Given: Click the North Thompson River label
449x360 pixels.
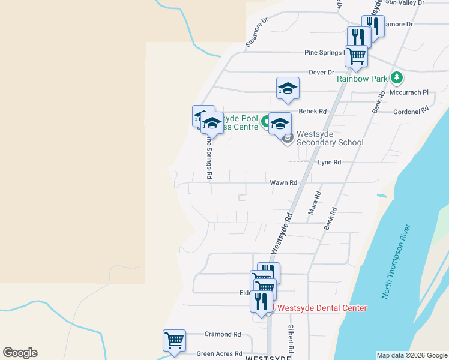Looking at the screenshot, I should click(397, 262).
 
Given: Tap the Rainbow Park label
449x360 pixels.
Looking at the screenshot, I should click(362, 79).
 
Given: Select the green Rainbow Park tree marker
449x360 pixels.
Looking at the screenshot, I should click(396, 77).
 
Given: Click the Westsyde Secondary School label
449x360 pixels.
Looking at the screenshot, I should click(330, 138).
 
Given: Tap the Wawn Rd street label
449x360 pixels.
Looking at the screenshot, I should click(283, 182).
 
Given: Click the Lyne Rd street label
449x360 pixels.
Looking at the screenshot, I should click(329, 163).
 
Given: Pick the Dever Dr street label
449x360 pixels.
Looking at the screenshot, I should click(321, 73).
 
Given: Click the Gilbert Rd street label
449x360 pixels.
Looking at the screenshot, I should click(291, 338).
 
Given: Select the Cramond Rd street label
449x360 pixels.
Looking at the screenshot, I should click(222, 334).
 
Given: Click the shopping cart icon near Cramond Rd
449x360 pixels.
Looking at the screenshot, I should click(174, 340).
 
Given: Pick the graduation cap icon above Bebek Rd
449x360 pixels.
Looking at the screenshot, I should click(288, 88).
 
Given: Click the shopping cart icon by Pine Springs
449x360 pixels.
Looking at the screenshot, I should click(356, 55).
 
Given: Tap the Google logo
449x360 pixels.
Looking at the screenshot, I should click(20, 353).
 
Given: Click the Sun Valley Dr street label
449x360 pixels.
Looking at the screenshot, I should click(405, 3).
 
